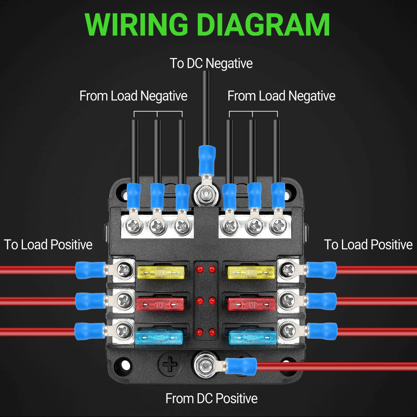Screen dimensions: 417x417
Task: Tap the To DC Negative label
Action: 211,64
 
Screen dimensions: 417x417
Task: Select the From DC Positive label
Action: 211,398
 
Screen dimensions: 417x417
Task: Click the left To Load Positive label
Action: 48,245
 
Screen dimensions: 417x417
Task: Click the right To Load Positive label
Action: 368,245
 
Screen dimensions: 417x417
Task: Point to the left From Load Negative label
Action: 133,96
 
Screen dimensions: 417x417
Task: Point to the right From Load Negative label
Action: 281,96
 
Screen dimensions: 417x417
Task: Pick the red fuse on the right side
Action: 251,304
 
